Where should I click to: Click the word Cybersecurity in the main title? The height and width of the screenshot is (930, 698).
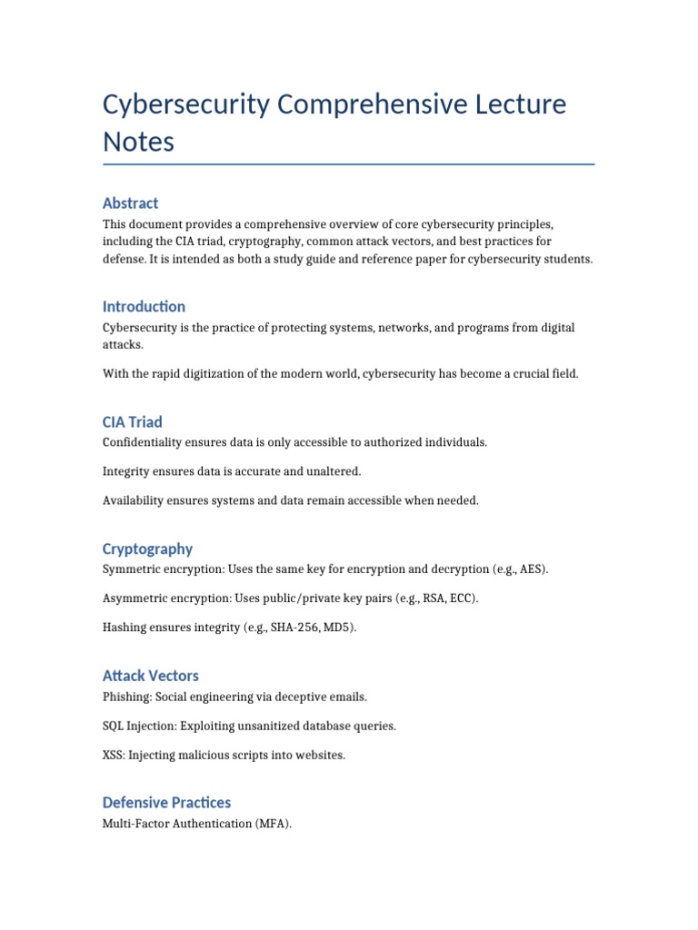186,105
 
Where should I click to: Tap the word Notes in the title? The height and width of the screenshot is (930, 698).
138,143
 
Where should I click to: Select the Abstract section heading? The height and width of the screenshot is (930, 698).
131,203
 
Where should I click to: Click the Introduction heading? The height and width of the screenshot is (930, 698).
144,307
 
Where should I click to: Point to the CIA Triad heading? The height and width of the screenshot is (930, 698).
133,422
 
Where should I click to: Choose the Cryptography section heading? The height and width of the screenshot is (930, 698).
147,549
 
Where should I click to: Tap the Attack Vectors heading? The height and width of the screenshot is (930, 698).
150,676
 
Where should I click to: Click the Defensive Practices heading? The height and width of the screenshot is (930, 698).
166,803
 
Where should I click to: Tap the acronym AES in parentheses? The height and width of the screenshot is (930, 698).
533,569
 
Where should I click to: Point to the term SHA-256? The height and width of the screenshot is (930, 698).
293,628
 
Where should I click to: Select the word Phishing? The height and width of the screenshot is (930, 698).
126,697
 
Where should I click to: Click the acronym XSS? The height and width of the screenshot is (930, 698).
114,755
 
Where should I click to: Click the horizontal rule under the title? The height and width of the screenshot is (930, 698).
349,164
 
